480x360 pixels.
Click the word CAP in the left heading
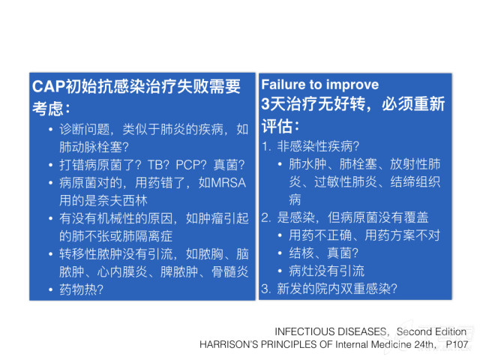point(49,86)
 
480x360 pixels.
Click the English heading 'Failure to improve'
point(320,85)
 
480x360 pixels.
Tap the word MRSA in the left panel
point(228,183)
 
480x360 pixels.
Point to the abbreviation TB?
point(158,165)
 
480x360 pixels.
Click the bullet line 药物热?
point(81,289)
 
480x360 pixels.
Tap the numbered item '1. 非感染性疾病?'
point(310,147)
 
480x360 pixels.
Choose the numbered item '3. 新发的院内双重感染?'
point(329,289)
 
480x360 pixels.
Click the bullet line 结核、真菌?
point(323,253)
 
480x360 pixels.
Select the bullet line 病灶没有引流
point(327,271)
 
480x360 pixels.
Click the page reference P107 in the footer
point(457,344)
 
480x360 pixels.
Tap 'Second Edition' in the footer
point(431,331)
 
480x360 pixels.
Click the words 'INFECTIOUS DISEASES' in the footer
point(330,331)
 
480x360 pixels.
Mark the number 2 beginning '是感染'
point(265,217)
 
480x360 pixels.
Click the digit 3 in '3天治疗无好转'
point(265,103)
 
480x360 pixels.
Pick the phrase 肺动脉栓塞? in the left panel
point(94,147)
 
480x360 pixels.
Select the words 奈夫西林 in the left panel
point(122,200)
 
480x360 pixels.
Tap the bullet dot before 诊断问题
point(50,130)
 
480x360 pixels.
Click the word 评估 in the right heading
point(277,126)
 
